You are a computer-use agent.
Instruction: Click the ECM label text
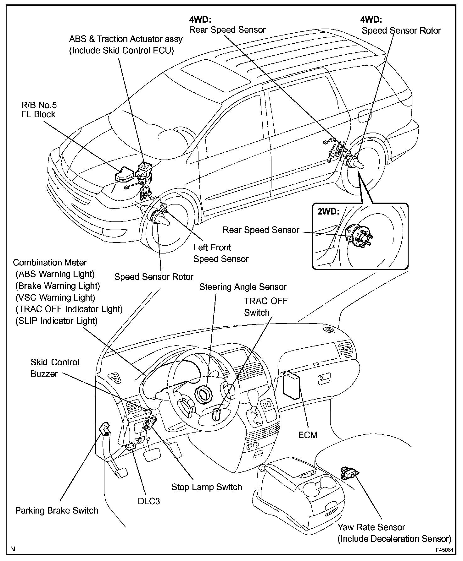pos(308,435)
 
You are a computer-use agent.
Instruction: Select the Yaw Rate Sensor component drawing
pos(349,472)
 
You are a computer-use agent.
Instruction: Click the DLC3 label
pos(149,501)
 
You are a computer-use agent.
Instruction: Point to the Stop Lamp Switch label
pos(207,487)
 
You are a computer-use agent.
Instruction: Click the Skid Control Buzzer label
pos(55,368)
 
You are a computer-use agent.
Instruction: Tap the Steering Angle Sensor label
pos(243,287)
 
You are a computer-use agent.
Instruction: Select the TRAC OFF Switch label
pos(265,307)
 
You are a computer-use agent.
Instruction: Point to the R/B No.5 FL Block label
pos(39,110)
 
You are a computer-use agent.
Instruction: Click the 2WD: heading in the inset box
pos(328,211)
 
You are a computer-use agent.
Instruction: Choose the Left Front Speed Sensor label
pos(220,253)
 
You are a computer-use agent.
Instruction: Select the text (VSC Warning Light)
pos(55,297)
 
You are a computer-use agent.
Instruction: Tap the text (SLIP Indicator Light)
pos(57,321)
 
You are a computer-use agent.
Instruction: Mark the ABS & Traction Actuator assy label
pos(126,45)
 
